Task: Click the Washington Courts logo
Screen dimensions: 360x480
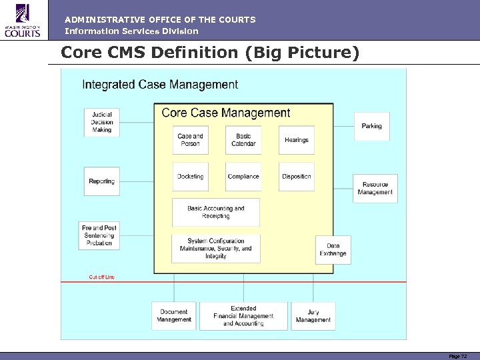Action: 23,20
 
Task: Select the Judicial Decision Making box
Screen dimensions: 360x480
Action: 102,122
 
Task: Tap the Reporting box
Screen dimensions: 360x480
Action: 102,181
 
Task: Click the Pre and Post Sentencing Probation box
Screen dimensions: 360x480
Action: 99,236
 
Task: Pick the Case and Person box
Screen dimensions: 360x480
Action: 190,140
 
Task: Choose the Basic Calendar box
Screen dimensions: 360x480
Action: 243,140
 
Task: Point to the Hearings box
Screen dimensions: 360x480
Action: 297,140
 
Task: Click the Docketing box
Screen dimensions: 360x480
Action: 190,177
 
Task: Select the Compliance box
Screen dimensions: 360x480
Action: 243,177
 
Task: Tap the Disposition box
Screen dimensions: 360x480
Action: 297,177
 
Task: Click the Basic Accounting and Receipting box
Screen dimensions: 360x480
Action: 216,212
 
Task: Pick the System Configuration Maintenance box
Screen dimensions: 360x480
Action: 216,249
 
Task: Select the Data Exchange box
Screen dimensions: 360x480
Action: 333,250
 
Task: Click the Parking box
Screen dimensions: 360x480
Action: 371,126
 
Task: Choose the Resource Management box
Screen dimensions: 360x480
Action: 375,189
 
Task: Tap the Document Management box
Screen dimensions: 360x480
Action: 174,316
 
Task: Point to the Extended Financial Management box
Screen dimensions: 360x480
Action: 243,316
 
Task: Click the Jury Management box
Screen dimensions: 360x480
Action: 313,316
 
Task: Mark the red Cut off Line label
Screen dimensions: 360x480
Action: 102,277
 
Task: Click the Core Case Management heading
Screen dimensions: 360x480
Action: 226,113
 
